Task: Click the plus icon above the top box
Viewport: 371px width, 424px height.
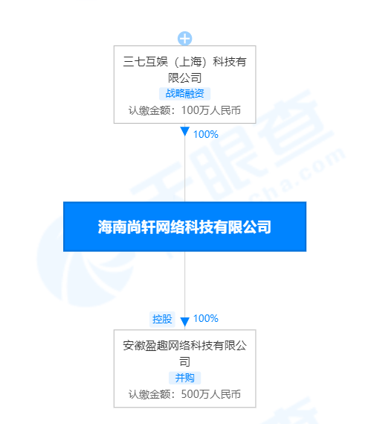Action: (185, 39)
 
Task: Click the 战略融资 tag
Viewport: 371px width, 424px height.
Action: (185, 94)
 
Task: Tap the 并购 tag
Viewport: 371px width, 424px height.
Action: (185, 378)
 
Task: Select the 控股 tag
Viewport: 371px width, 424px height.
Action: (162, 319)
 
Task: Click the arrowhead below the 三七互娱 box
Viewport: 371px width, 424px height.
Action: (185, 131)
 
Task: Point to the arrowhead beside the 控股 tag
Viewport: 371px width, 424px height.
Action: (185, 322)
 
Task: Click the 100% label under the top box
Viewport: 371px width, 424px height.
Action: (206, 134)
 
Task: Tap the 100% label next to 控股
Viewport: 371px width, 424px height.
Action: (206, 318)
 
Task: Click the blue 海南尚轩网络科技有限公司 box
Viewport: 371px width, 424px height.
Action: (185, 227)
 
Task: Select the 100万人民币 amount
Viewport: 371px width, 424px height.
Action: (211, 110)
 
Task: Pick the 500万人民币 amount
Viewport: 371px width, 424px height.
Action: (211, 394)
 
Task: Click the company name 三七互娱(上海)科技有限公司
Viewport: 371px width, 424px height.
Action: (185, 70)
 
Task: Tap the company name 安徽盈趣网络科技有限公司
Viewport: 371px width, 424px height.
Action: (185, 353)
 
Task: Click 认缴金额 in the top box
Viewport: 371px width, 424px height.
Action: (149, 110)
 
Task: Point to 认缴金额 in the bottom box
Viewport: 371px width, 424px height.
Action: (149, 394)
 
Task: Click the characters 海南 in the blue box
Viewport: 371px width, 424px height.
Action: (112, 227)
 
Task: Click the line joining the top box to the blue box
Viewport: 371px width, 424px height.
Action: (185, 169)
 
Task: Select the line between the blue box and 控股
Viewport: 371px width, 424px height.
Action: (185, 284)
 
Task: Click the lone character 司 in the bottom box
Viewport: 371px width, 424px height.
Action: (185, 361)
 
